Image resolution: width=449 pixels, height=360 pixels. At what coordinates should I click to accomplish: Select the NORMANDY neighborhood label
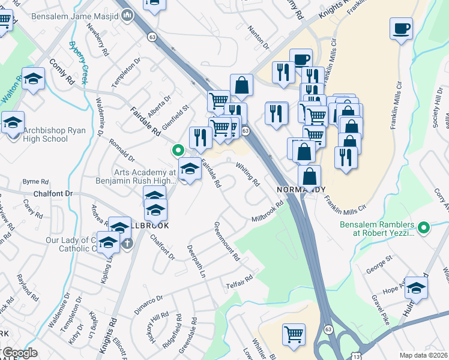(301, 190)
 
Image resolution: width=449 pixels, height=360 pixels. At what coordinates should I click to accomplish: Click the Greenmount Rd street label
(227, 241)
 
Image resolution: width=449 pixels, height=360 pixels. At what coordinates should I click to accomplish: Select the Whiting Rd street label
(247, 174)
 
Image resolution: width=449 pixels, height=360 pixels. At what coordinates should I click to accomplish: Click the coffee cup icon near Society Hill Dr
(401, 28)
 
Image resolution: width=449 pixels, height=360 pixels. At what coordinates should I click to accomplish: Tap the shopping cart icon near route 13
(294, 334)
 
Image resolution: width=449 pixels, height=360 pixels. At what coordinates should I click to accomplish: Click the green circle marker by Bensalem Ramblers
(424, 227)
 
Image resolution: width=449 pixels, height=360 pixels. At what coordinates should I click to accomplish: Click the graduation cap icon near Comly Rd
(34, 78)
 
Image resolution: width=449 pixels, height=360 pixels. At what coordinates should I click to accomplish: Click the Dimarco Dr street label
(151, 298)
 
